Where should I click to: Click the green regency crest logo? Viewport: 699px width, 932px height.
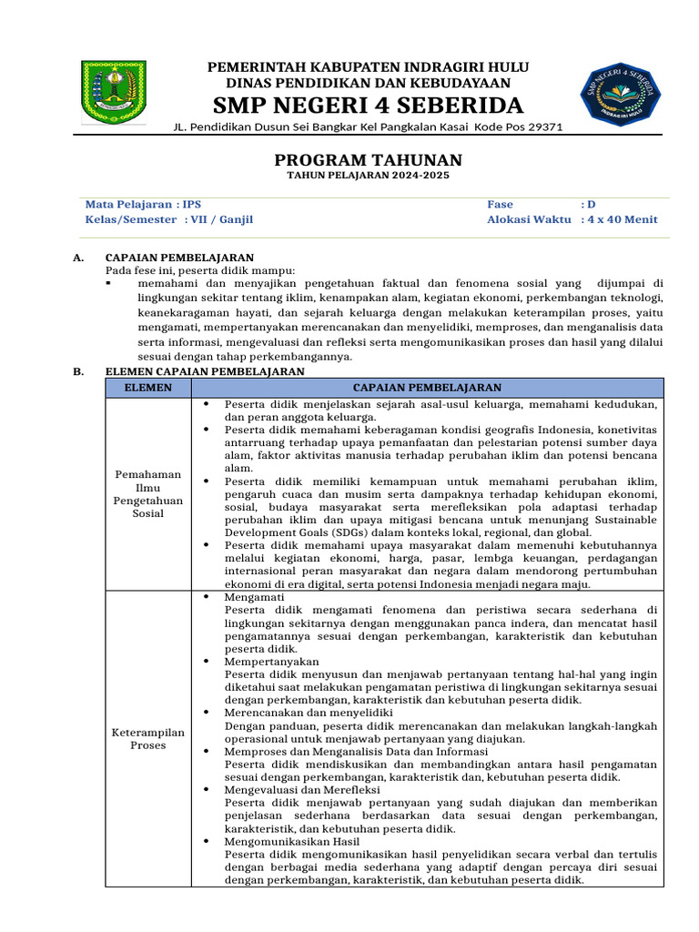113,92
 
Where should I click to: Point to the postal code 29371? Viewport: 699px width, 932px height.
544,127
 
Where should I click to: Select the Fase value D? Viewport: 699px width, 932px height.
591,205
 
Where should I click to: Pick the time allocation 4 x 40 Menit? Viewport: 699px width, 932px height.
623,219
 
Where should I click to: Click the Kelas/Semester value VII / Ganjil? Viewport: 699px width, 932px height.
222,219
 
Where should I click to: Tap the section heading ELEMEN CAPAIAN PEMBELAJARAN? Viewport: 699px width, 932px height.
205,371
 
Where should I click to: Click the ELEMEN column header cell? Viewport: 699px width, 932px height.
147,387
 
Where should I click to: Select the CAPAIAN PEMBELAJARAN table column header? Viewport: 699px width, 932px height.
426,387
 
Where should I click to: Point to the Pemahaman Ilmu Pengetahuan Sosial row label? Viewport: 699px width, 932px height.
147,493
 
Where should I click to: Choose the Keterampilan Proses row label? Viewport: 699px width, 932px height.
147,738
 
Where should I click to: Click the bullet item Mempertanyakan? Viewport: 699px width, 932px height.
271,662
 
